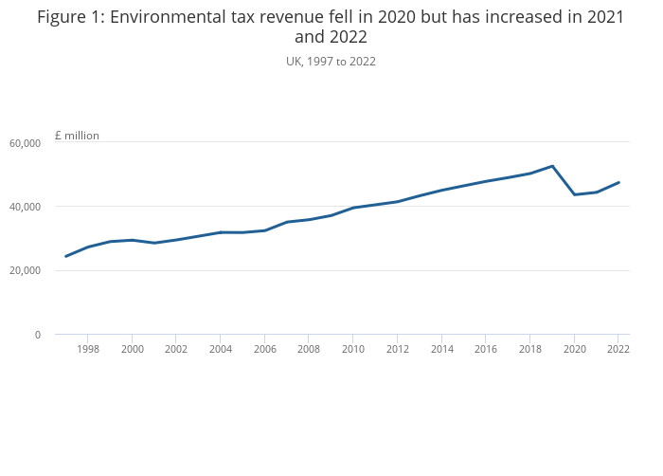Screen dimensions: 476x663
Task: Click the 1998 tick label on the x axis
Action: point(88,349)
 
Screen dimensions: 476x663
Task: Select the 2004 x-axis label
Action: point(221,349)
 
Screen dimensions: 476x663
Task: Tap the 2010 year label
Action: point(353,349)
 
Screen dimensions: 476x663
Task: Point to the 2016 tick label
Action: point(486,349)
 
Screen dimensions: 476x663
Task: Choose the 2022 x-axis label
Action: point(618,349)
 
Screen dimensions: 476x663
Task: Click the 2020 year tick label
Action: point(574,349)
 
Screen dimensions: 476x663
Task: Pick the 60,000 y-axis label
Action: point(25,143)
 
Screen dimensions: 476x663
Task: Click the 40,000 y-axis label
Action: point(25,207)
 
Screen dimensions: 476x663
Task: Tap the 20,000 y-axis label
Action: point(25,271)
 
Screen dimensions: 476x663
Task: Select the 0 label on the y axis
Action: point(38,335)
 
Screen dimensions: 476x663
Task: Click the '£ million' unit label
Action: point(77,136)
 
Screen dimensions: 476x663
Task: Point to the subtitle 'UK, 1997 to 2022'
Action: point(331,62)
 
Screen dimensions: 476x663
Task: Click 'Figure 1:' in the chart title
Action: point(71,17)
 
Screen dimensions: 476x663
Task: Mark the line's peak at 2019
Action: point(552,166)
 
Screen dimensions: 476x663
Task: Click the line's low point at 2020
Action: point(574,194)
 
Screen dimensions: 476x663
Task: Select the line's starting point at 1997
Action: point(66,256)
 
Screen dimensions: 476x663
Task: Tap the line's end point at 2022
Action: point(618,182)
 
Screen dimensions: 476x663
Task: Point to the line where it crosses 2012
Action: point(398,201)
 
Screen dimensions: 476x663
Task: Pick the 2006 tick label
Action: point(265,349)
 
